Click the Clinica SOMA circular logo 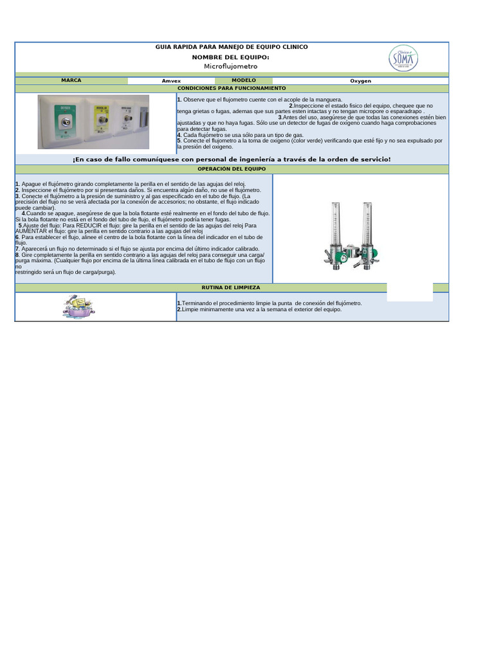403,59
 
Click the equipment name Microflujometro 230,66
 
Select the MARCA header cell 71,80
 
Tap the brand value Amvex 171,81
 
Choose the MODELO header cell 244,80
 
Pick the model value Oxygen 360,81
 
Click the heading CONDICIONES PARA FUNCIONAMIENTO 232,87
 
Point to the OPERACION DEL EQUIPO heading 232,168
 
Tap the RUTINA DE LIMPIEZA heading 232,287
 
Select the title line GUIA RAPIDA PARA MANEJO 232,47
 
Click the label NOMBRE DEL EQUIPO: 230,57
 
